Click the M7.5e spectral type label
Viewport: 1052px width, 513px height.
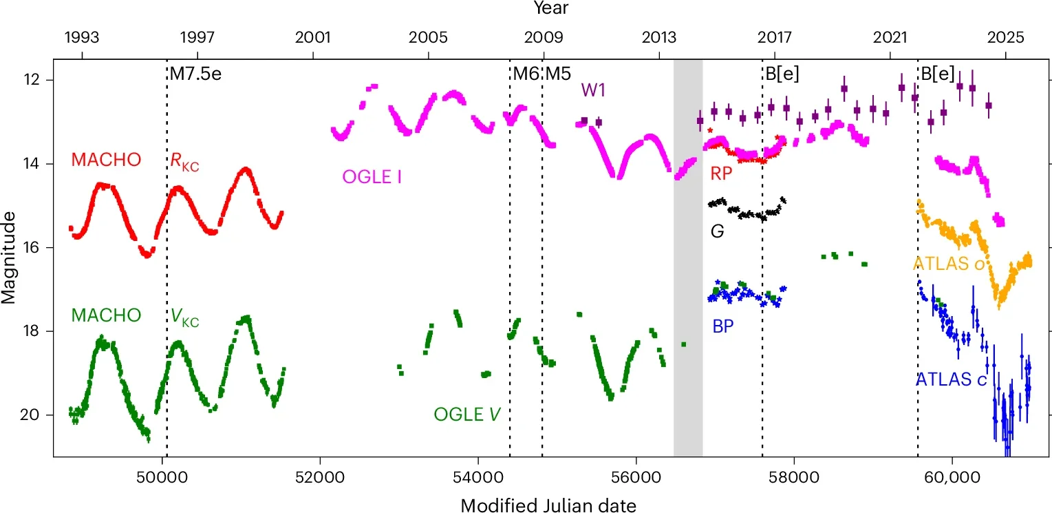pyautogui.click(x=196, y=74)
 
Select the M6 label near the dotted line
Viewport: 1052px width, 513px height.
pyautogui.click(x=526, y=74)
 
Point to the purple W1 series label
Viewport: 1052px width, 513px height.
pyautogui.click(x=593, y=90)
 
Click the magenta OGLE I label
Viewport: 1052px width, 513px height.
pyautogui.click(x=372, y=178)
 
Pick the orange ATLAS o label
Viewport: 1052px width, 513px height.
pyautogui.click(x=950, y=263)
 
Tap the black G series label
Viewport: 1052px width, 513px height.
pyautogui.click(x=717, y=231)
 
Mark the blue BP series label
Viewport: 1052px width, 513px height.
pyautogui.click(x=722, y=326)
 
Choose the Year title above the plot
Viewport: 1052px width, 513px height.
pyautogui.click(x=551, y=9)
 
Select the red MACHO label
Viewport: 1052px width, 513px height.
pyautogui.click(x=106, y=160)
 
